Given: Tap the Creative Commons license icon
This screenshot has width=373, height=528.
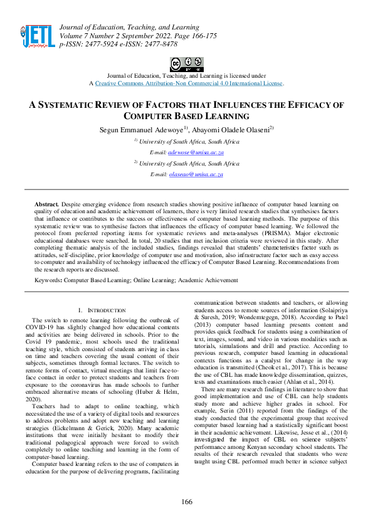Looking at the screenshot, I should (186, 63).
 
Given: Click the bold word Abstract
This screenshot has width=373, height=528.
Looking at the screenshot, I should (46, 204).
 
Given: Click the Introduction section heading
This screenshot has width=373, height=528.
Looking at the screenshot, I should (104, 310).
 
